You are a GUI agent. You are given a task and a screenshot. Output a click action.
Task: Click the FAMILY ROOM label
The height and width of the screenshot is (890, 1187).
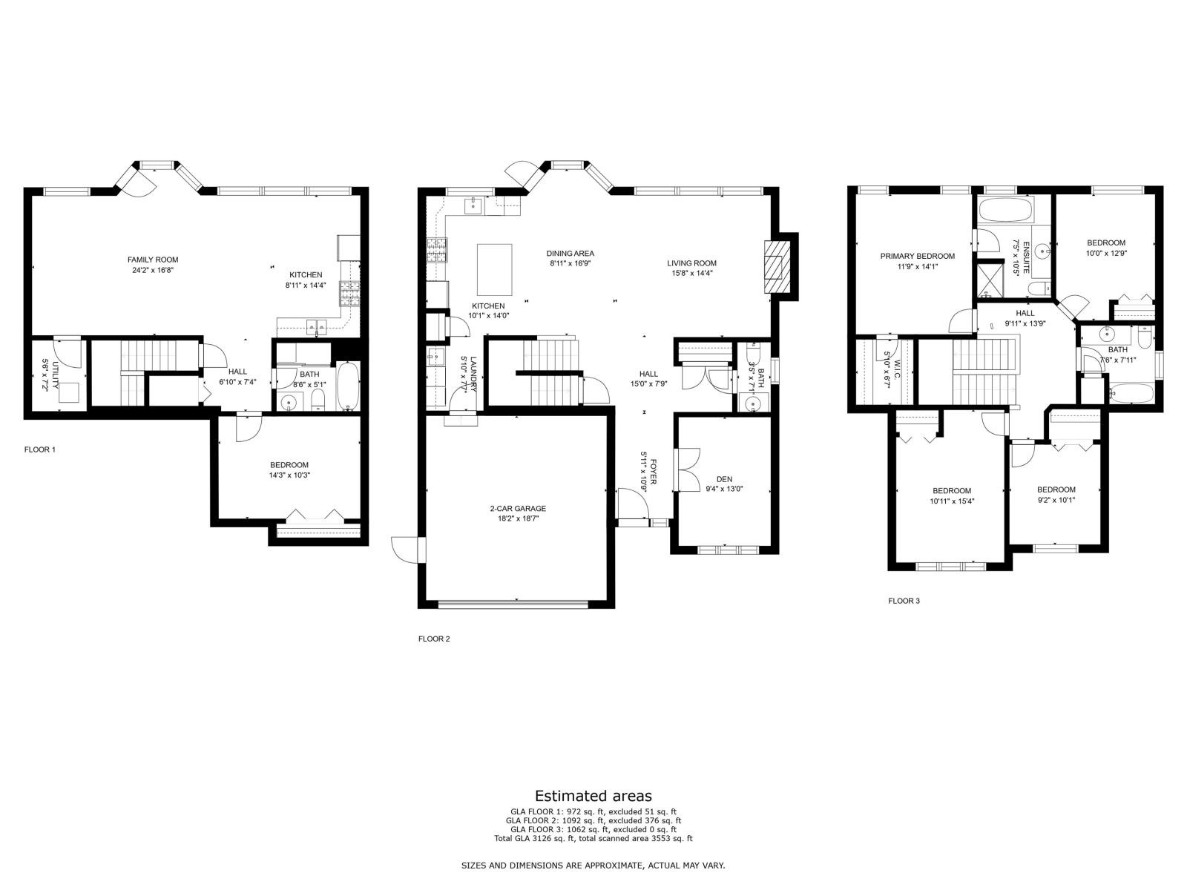coord(153,260)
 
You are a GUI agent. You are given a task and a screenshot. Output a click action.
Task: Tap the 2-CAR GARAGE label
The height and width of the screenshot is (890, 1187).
coord(518,509)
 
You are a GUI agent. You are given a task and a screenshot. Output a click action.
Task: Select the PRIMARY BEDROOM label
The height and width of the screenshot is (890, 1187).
coord(917,256)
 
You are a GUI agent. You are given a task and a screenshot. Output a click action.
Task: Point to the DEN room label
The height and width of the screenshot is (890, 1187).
coord(724,479)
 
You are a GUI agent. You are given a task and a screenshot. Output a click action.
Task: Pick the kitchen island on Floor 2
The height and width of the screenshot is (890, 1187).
coord(494,270)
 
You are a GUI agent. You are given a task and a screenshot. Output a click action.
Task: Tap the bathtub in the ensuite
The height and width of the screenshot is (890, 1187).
coord(1005,209)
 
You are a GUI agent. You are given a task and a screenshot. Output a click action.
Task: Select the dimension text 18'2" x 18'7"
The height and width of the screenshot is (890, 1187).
coord(518,518)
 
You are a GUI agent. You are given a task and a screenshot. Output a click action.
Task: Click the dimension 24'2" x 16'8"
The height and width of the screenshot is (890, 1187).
coord(153,270)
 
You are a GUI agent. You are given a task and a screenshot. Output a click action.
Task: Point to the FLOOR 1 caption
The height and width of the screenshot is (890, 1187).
coord(40,449)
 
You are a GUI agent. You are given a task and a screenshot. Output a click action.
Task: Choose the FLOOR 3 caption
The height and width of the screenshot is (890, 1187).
coord(904,601)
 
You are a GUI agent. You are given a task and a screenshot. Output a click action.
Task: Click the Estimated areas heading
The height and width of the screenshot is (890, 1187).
coord(593,796)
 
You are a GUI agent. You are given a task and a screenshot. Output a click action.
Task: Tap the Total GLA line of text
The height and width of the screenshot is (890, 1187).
coord(593,839)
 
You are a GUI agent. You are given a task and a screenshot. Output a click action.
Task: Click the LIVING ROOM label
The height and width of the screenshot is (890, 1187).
coord(691,263)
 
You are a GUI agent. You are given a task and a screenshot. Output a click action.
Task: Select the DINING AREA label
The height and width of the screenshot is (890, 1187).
coord(570,253)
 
